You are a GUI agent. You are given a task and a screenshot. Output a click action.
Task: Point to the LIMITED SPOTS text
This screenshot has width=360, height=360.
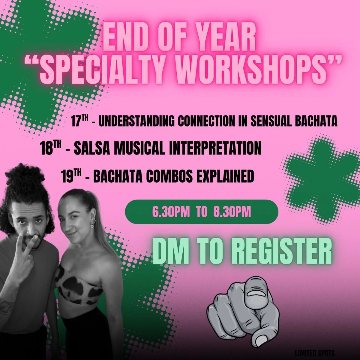(315, 353)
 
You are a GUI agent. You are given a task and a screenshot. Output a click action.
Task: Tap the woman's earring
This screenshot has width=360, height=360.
(92, 226)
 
